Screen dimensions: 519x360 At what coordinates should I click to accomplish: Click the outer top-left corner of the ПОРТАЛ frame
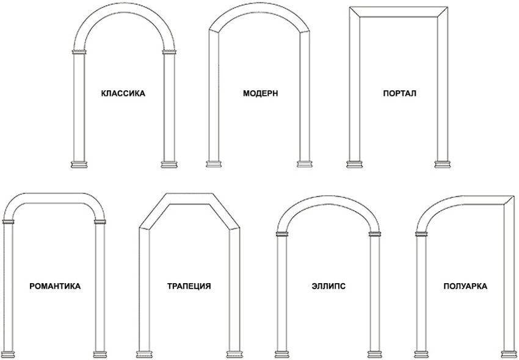click(x=350, y=7)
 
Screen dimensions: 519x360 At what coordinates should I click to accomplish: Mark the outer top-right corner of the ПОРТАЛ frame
click(x=448, y=7)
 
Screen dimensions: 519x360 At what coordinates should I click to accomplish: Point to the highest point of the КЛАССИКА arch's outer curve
click(x=124, y=2)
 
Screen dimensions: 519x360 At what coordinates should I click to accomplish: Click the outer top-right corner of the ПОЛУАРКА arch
click(x=514, y=196)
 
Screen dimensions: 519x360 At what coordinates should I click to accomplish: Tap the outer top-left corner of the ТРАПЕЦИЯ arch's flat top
click(x=165, y=193)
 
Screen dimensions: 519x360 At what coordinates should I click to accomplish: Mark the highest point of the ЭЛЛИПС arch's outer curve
click(x=328, y=195)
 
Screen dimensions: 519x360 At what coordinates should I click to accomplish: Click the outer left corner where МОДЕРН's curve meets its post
click(x=209, y=30)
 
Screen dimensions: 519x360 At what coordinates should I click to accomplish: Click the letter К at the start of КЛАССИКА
click(x=104, y=93)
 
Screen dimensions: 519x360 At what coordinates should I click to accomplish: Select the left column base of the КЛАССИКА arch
click(x=79, y=165)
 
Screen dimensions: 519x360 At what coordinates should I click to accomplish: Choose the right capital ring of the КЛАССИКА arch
click(x=169, y=52)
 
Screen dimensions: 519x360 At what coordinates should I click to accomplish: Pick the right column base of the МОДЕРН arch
click(x=304, y=164)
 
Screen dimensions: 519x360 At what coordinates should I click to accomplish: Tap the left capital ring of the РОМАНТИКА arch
click(x=9, y=221)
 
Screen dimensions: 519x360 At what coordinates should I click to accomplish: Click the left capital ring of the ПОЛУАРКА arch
click(x=421, y=234)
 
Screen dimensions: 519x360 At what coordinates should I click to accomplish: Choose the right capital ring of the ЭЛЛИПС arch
click(x=375, y=234)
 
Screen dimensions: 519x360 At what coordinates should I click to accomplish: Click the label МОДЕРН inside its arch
click(x=261, y=93)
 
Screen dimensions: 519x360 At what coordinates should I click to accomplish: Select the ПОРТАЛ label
click(x=399, y=93)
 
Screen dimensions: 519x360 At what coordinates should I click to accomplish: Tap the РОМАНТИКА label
click(x=55, y=286)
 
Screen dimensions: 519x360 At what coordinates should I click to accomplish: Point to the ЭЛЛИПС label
click(x=328, y=286)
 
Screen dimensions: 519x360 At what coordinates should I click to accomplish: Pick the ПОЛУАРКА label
click(x=465, y=287)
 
